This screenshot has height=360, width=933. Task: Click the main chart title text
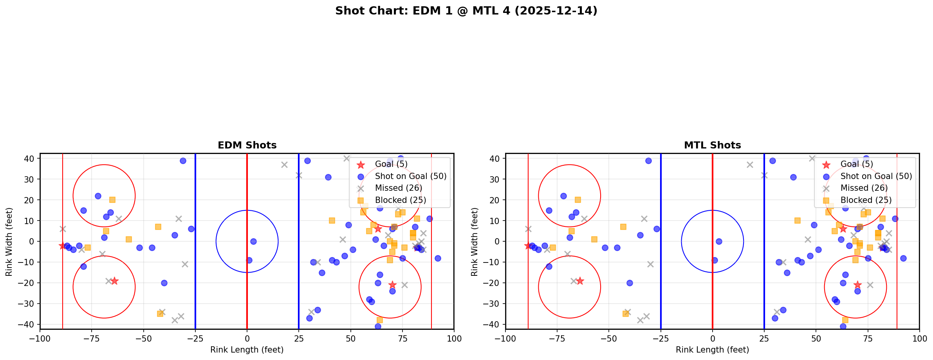[466, 11]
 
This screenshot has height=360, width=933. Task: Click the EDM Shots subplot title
[247, 145]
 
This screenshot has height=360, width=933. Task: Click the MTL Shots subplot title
[712, 145]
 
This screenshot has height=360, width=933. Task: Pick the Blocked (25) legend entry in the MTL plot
[866, 200]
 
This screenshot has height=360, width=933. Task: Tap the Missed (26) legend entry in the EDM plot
[398, 188]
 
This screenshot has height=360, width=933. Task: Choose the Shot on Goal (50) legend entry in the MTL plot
[876, 176]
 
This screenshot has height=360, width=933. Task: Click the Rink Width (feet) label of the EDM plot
[9, 242]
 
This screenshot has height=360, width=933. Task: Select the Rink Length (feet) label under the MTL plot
[712, 350]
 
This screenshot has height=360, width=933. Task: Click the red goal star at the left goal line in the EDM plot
[62, 246]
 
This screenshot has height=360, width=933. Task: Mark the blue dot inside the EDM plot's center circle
[253, 241]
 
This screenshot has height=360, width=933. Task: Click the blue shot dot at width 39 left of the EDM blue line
[183, 161]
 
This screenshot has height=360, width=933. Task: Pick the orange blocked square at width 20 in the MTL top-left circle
[577, 200]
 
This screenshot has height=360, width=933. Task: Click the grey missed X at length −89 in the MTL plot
[528, 229]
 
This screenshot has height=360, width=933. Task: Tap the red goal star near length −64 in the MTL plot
[580, 281]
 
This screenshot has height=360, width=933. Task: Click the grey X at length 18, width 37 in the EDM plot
[284, 165]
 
